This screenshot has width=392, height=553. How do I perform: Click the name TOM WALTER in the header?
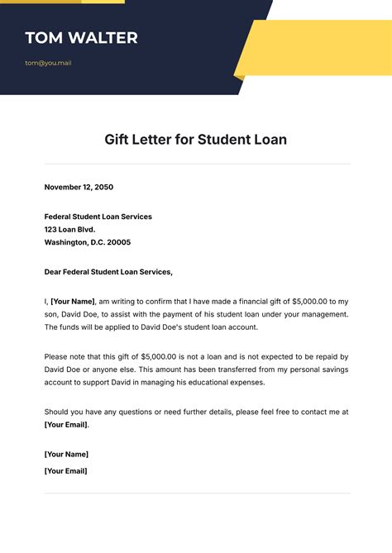81,38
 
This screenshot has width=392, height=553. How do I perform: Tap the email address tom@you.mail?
48,63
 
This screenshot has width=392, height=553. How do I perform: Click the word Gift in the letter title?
118,140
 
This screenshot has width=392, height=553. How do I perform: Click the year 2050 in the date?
103,187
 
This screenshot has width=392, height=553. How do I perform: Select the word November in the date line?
65,187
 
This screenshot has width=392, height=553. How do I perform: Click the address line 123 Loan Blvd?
70,230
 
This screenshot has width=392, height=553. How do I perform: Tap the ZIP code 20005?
117,243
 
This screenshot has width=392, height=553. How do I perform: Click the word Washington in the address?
67,243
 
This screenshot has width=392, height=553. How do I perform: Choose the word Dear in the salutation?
54,272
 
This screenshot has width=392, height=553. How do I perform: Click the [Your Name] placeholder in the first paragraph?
73,302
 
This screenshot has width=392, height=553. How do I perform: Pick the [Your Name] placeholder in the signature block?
66,454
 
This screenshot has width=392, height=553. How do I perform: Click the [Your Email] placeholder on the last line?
65,471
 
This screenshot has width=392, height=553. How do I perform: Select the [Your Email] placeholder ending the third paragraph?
65,425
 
